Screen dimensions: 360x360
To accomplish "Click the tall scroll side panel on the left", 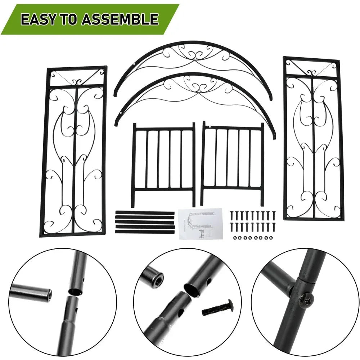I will pos(74,151).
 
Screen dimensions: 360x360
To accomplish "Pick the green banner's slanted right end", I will pos(173,19).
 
